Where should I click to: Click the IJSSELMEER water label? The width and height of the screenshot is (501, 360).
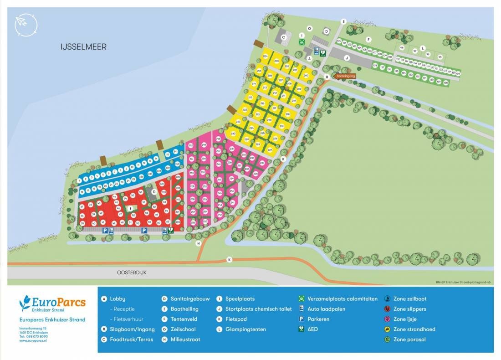[84, 46]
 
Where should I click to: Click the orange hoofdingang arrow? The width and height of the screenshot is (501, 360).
[345, 76]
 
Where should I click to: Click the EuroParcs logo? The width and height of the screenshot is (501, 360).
[52, 304]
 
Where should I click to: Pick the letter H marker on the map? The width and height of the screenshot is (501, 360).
[199, 243]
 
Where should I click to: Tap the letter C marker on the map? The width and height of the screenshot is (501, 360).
[283, 37]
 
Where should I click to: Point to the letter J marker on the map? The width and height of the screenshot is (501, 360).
[346, 58]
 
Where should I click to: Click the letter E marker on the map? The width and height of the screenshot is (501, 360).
[343, 21]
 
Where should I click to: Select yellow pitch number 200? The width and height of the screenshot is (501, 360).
[306, 75]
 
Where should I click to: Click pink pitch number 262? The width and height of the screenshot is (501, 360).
[191, 145]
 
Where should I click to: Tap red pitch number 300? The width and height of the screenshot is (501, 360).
[178, 222]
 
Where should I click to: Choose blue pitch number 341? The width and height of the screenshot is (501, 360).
[175, 151]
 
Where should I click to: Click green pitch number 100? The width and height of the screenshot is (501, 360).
[339, 41]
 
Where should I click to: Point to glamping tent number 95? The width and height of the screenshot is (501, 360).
[440, 57]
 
